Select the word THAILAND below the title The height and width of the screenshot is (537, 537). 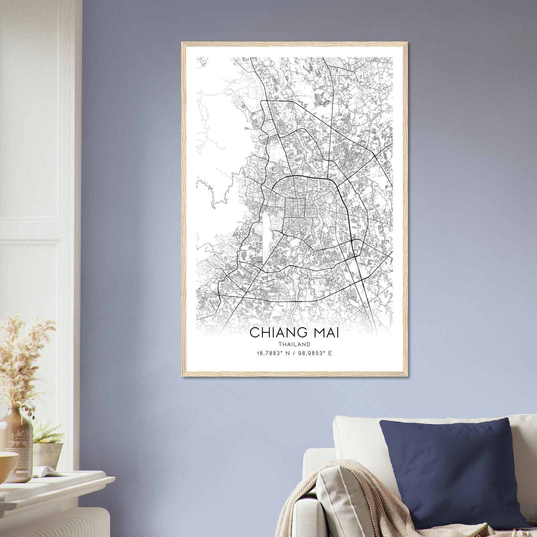(x=294, y=344)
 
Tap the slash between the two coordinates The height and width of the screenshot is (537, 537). (x=294, y=353)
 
